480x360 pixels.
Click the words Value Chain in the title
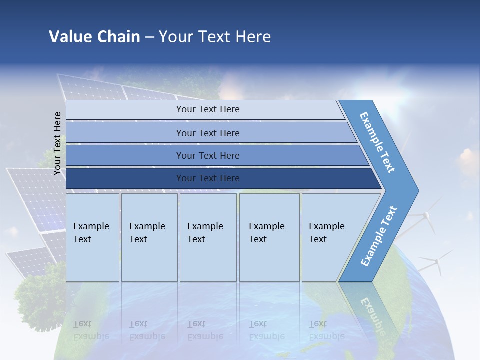94,37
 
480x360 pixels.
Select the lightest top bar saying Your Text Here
207,109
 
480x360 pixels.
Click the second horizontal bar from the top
207,133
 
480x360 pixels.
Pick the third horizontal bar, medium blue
207,155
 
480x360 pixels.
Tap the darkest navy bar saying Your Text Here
207,178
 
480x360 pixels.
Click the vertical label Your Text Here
57,143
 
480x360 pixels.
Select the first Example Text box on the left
92,238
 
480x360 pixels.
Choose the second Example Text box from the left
149,238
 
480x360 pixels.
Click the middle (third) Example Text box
207,238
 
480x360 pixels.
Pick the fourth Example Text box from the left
269,238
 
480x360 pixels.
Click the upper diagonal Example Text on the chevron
377,142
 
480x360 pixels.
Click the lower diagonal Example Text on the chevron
379,236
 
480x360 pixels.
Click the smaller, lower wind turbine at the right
436,261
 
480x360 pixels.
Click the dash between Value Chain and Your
149,37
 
